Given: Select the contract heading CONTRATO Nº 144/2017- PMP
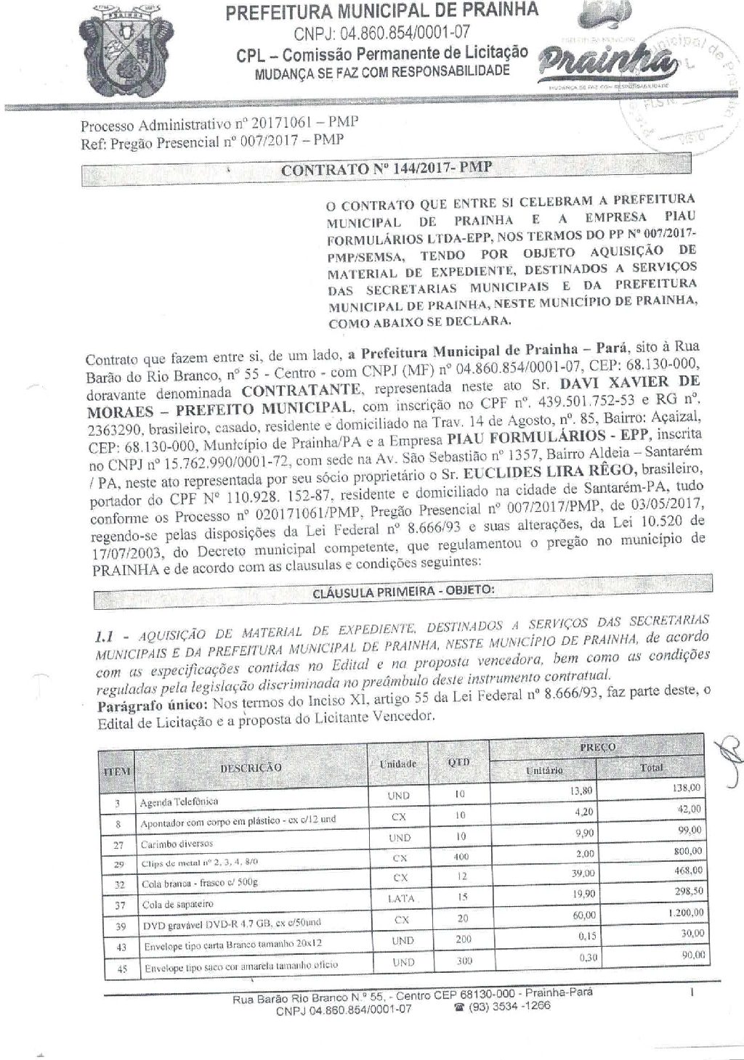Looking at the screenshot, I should click(x=386, y=169).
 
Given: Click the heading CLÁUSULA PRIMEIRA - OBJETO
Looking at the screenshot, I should click(x=404, y=591).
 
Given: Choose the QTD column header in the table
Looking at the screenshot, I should click(x=458, y=762).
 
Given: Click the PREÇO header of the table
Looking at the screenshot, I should click(x=598, y=746).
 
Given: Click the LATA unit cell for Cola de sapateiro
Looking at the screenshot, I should click(x=400, y=898).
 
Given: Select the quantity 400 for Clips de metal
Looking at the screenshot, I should click(x=459, y=857).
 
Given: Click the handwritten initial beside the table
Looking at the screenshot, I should click(x=727, y=762).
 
